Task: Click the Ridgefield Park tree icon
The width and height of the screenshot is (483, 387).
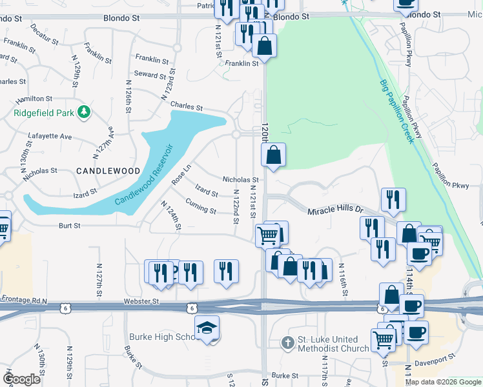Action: pyautogui.click(x=83, y=112)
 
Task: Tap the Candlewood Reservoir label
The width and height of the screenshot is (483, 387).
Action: pyautogui.click(x=145, y=175)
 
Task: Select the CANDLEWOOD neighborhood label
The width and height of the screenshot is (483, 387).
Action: pyautogui.click(x=108, y=171)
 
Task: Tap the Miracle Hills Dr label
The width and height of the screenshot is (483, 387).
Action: pyautogui.click(x=336, y=210)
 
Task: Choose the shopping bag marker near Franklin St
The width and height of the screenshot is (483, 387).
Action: pyautogui.click(x=264, y=46)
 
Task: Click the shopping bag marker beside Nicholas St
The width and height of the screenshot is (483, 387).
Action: pyautogui.click(x=273, y=155)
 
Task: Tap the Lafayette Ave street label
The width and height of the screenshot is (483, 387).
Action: pyautogui.click(x=50, y=136)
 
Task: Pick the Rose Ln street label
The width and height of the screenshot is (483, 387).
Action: pyautogui.click(x=182, y=175)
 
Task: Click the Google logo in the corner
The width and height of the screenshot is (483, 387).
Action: pyautogui.click(x=21, y=379)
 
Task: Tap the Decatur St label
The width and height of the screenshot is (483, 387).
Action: pyautogui.click(x=45, y=32)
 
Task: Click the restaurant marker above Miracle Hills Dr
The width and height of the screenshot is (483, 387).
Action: pyautogui.click(x=393, y=201)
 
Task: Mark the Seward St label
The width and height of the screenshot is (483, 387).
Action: pyautogui.click(x=150, y=75)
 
